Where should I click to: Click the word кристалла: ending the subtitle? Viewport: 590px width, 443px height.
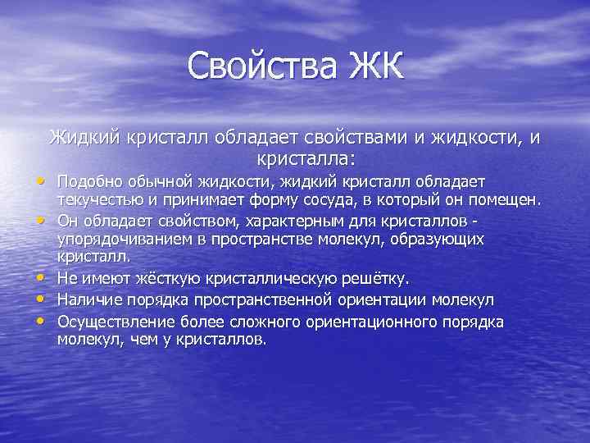coord(294,156)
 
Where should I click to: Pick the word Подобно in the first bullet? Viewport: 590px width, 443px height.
coord(86,180)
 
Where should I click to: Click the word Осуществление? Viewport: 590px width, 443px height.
coord(107,321)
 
